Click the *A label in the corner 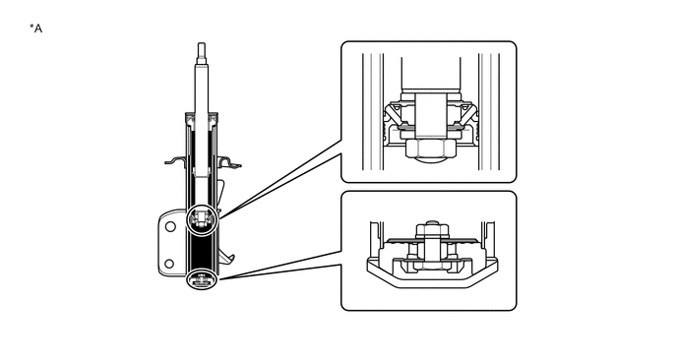pyautogui.click(x=36, y=29)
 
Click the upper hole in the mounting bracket pyautogui.click(x=170, y=226)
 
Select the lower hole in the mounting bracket pyautogui.click(x=170, y=262)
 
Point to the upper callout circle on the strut pyautogui.click(x=202, y=218)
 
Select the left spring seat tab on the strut pyautogui.click(x=174, y=159)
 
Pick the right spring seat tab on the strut pyautogui.click(x=230, y=161)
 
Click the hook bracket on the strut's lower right pyautogui.click(x=229, y=258)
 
